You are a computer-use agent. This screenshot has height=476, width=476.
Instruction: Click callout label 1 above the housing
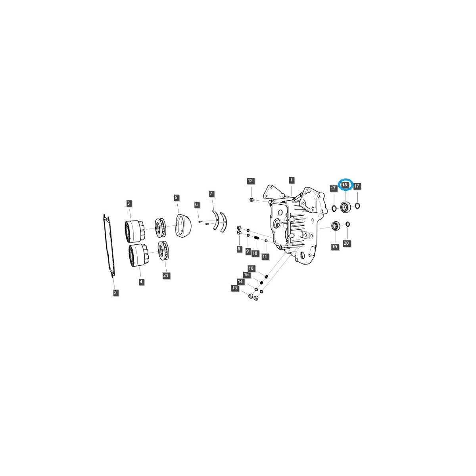pos(292,180)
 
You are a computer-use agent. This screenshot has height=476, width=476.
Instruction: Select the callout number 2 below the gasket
pos(115,293)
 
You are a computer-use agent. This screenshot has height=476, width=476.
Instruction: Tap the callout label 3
pos(129,203)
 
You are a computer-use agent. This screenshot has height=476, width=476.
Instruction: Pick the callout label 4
pos(141,282)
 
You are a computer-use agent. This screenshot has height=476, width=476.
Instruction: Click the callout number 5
pos(176,197)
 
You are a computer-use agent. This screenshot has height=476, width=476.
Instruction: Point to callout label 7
pos(211,194)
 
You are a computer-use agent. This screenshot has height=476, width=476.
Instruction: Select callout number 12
pos(250,181)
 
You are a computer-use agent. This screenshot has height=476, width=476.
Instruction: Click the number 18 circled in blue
pos(345,185)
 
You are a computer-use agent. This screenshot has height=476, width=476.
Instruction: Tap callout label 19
pos(334,247)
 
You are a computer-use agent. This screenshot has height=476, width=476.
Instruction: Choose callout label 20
pos(347,243)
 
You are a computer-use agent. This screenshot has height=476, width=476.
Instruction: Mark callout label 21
pos(166,275)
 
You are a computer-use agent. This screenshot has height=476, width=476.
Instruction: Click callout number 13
pos(235,288)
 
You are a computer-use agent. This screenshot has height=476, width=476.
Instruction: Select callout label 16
pos(251,269)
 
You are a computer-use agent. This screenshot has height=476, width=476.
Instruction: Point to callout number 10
pos(255,253)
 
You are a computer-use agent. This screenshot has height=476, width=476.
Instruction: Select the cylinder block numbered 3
pos(133,230)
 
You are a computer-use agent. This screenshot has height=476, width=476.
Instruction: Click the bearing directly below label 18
pos(345,207)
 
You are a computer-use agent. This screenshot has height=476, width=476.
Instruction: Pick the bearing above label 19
pos(336,226)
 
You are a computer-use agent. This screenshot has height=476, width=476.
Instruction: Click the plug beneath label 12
pos(251,199)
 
